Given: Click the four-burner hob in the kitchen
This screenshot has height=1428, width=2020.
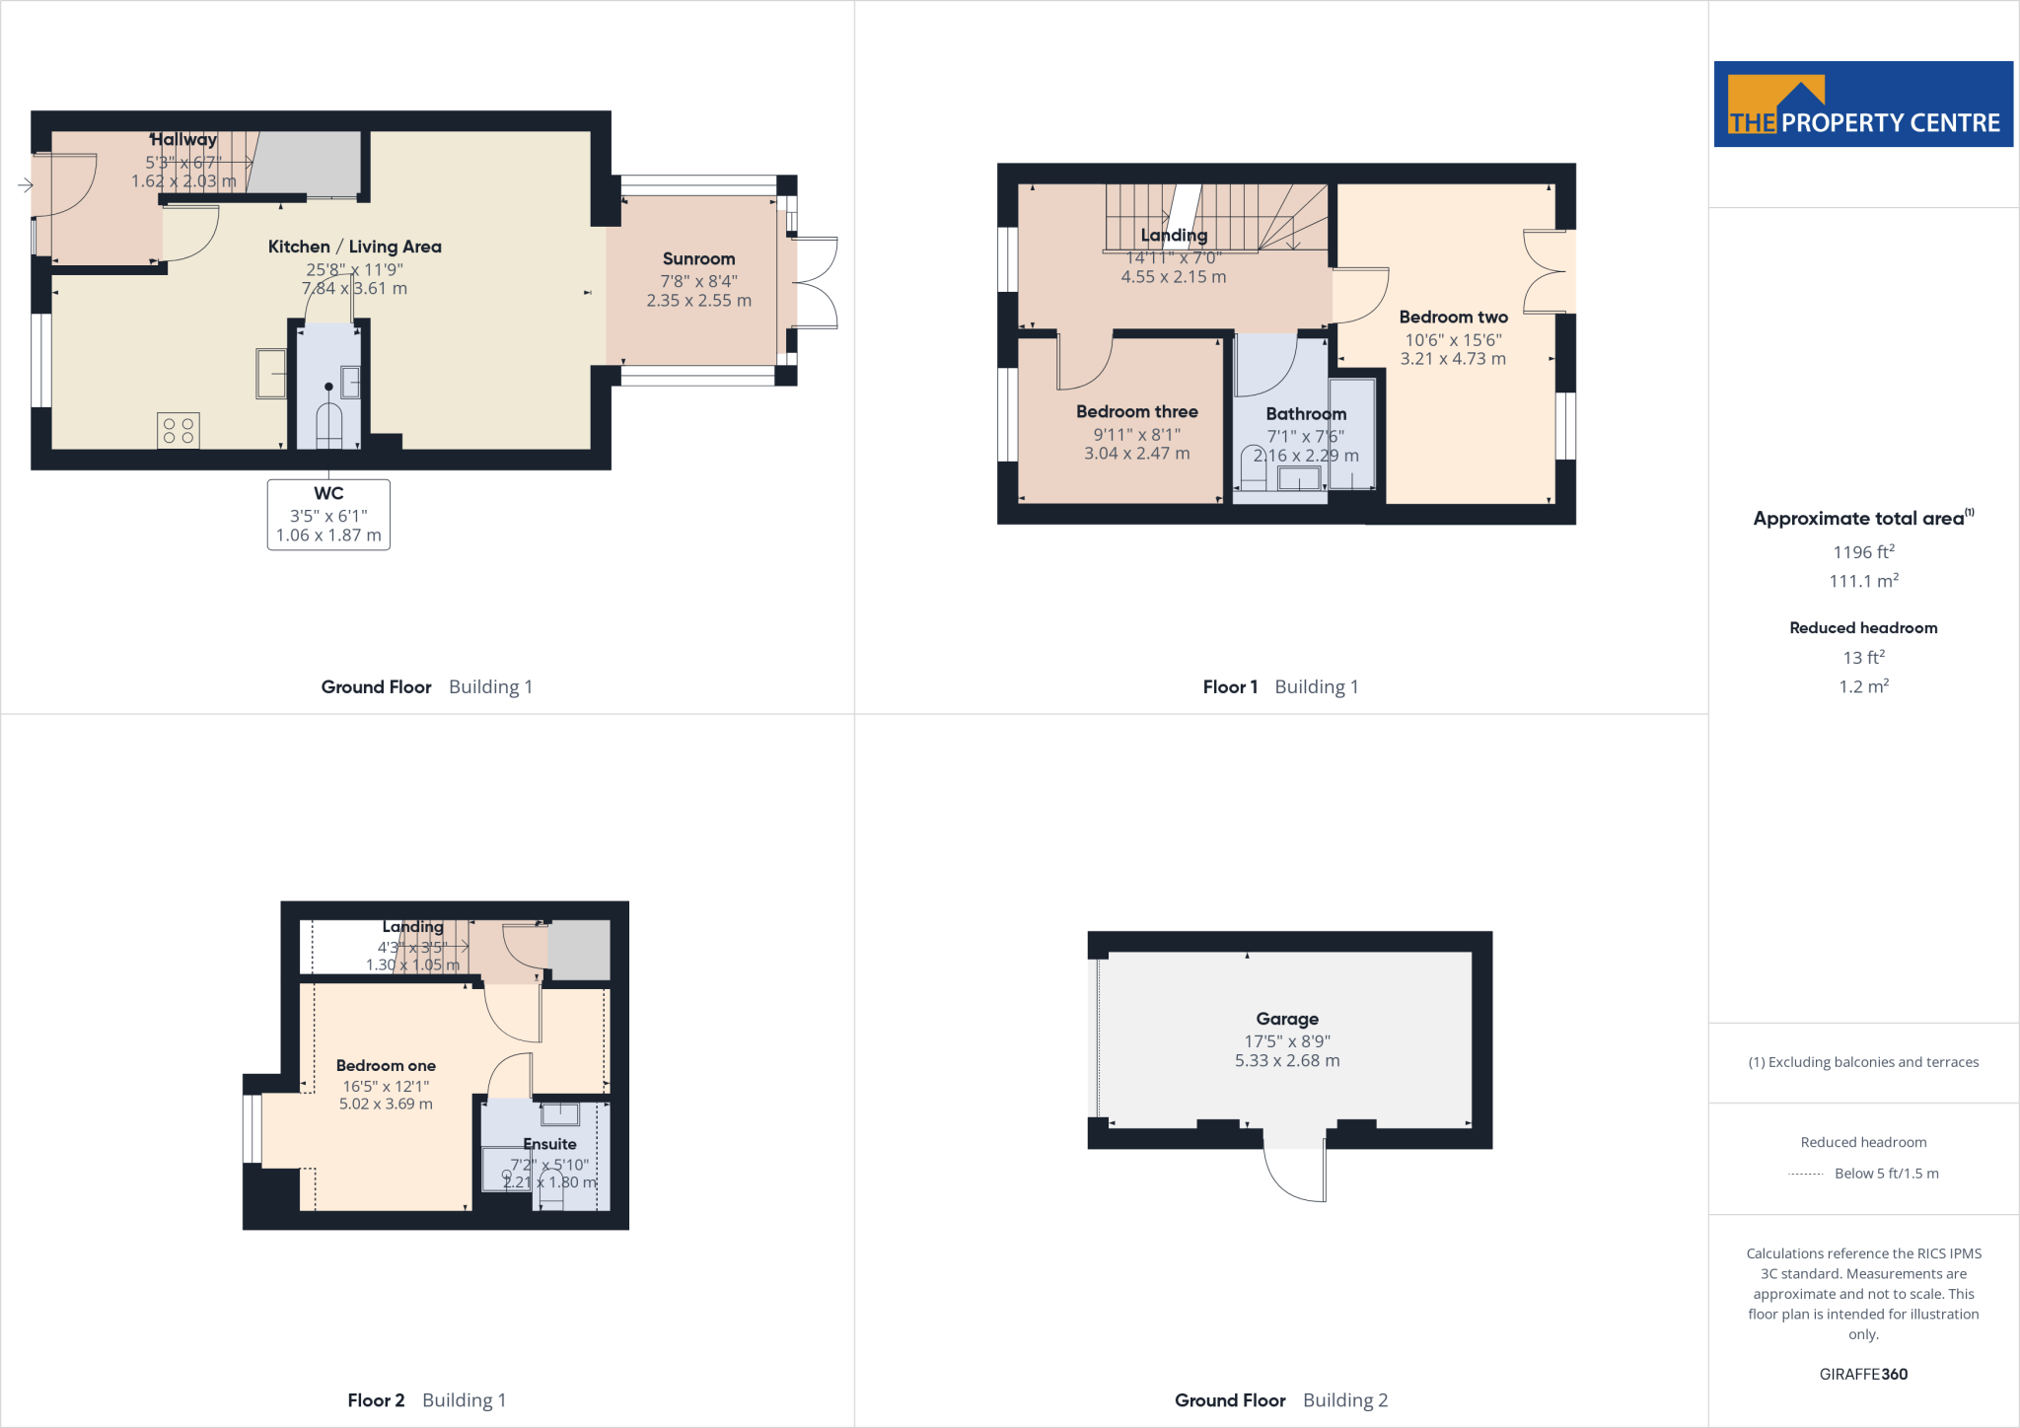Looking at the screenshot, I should [179, 431].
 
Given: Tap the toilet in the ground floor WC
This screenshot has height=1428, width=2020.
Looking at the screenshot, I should [328, 425].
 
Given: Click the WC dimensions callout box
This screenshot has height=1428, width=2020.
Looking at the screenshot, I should [328, 515].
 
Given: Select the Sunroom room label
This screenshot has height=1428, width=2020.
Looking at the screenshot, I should [698, 258].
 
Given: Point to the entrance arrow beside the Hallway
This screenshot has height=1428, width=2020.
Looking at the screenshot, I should [25, 184].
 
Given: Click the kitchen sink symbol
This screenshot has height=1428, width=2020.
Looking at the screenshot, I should [270, 373].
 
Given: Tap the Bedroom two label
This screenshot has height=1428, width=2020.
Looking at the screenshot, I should [1453, 317].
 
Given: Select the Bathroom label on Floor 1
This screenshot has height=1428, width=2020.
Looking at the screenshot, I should [1305, 413].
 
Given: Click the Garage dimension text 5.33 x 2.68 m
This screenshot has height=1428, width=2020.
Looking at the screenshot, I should [1287, 1060].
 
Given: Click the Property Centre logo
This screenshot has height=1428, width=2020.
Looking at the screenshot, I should [1862, 105].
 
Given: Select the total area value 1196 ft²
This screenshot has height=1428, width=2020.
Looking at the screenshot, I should [1863, 552].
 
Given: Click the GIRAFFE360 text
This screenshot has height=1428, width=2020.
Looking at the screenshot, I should [1863, 1374].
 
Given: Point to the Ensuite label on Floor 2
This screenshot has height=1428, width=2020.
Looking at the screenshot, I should [549, 1144].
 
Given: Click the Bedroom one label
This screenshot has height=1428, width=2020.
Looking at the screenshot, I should [386, 1065].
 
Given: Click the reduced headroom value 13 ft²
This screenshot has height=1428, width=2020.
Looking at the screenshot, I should [1863, 657].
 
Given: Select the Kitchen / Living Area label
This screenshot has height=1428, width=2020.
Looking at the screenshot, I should [354, 247].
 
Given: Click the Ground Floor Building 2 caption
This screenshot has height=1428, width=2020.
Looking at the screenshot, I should [1280, 1400].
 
